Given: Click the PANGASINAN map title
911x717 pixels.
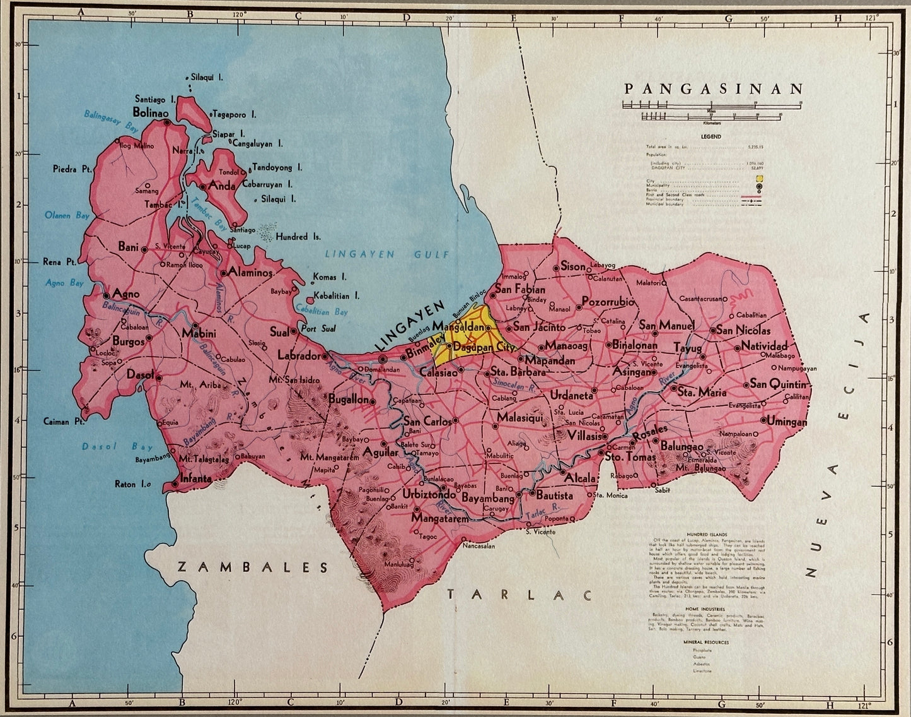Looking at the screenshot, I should pos(714,88).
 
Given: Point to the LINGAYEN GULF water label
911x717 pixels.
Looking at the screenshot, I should pos(387,254).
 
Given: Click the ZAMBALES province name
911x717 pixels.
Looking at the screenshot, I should pos(253,567).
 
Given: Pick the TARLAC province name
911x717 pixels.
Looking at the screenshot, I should pos(520,595).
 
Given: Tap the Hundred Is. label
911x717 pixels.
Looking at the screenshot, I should pos(298,237).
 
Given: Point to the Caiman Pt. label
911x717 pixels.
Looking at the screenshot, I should pos(64,421).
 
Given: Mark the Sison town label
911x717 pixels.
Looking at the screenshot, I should pos(573,267).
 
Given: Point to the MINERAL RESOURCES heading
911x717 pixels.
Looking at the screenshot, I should pos(705,643).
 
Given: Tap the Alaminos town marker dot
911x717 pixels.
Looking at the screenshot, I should pos(223,273).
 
